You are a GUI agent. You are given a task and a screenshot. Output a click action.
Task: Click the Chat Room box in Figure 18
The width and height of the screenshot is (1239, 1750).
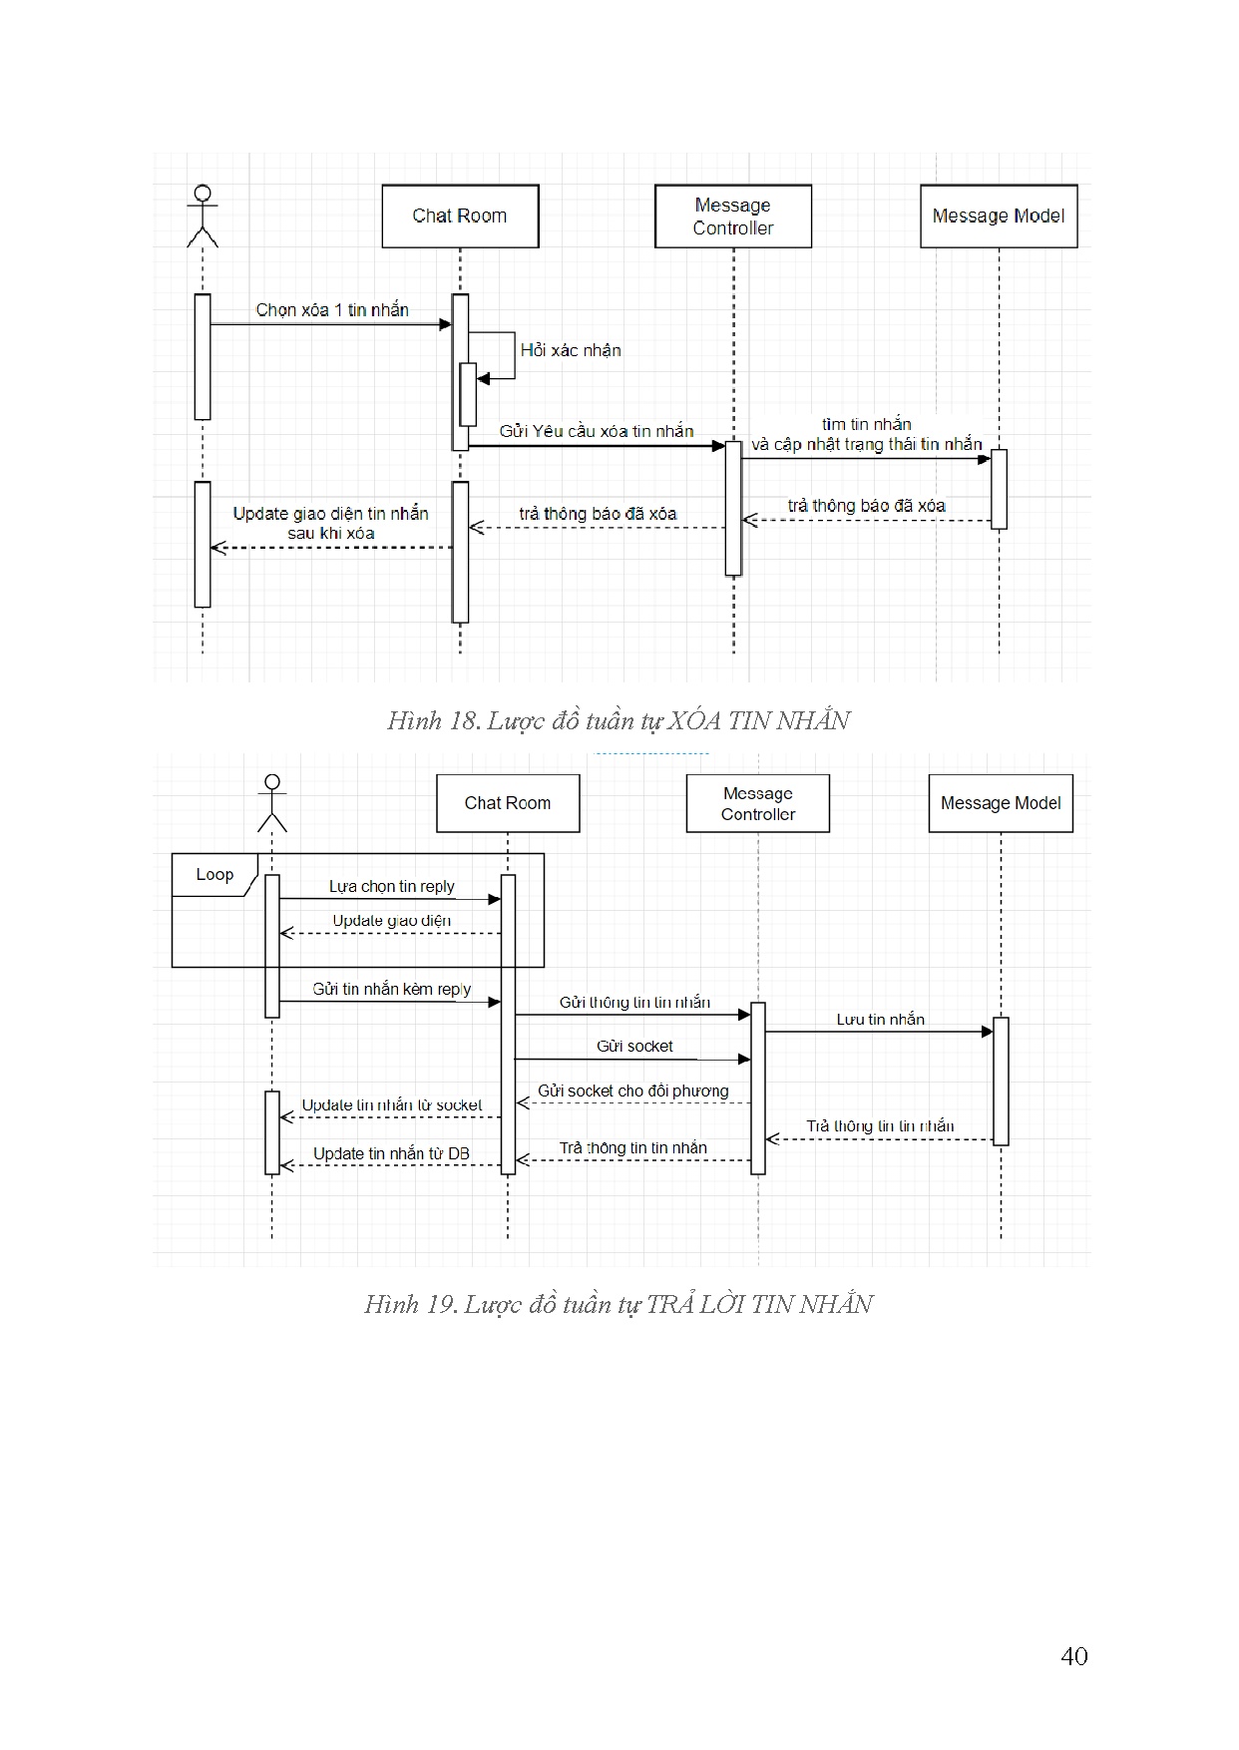[460, 217]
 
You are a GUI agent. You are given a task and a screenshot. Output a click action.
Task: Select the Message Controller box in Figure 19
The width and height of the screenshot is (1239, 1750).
[758, 803]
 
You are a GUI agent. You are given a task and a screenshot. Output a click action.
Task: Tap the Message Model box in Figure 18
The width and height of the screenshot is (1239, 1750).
[999, 217]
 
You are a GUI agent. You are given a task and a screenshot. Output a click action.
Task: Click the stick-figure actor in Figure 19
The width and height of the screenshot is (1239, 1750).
[271, 803]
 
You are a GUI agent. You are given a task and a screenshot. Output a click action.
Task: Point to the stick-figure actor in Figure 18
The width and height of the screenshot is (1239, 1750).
[203, 216]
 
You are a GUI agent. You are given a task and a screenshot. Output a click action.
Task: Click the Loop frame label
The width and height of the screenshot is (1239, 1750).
[214, 875]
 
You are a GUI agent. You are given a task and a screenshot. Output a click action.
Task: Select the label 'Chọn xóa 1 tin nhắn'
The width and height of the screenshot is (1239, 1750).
[332, 310]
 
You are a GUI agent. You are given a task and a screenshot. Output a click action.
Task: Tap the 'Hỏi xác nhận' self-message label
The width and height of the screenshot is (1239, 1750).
[571, 350]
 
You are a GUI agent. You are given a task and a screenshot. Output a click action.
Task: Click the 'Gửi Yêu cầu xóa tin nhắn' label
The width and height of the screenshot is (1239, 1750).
[597, 431]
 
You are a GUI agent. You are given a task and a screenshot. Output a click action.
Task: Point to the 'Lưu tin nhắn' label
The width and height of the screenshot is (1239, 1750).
[880, 1019]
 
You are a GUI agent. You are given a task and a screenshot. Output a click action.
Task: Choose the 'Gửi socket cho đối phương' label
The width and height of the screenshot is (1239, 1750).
[633, 1091]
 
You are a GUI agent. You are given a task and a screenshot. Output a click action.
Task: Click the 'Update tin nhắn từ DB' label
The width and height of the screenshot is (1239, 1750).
[391, 1153]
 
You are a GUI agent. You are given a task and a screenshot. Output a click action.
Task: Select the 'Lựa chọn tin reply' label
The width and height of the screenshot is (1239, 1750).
[392, 886]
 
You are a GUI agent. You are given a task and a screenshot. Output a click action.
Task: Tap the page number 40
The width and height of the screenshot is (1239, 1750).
[1074, 1656]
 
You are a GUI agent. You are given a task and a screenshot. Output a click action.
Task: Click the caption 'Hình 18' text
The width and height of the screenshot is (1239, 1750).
[619, 720]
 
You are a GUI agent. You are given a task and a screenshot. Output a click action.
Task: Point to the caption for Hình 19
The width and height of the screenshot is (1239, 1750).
[619, 1304]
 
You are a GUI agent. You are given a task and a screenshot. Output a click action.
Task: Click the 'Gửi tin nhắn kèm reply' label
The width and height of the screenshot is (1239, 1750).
[392, 989]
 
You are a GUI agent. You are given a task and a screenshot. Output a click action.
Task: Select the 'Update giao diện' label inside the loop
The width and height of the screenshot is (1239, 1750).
[392, 920]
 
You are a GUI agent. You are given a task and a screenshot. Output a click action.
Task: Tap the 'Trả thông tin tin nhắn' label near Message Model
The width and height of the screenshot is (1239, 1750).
[880, 1125]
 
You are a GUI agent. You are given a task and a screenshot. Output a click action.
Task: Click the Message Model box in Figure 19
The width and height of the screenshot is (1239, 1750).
[1001, 803]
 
